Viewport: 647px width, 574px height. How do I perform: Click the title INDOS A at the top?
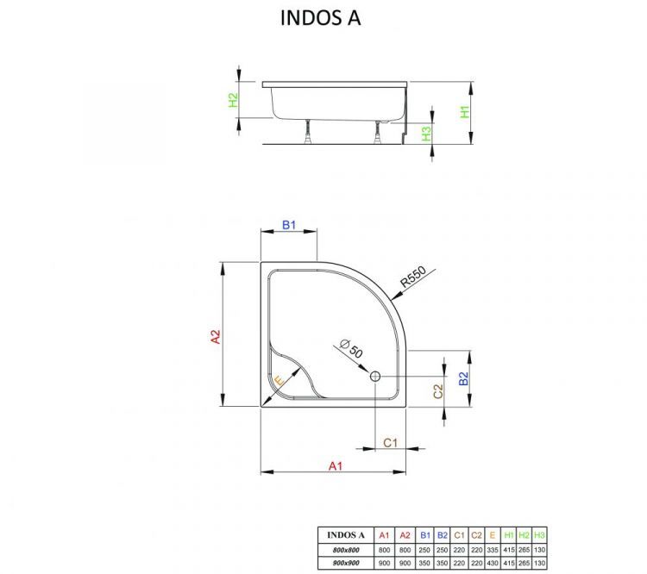[x=320, y=18]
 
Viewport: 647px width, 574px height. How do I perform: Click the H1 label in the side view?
[x=464, y=111]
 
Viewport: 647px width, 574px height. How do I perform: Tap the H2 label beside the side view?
[x=232, y=100]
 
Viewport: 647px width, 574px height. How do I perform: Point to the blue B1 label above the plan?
[x=289, y=226]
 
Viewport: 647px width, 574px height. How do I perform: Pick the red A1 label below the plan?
[x=336, y=465]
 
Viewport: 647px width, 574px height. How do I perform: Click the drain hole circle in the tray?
[x=376, y=377]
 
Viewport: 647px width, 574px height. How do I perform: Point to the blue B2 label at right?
[x=463, y=378]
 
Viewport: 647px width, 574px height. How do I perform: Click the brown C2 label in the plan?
[x=437, y=390]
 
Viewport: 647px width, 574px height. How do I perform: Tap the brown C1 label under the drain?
[x=390, y=442]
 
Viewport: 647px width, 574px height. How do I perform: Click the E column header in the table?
[x=492, y=534]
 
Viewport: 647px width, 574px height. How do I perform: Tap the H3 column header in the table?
[x=540, y=534]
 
